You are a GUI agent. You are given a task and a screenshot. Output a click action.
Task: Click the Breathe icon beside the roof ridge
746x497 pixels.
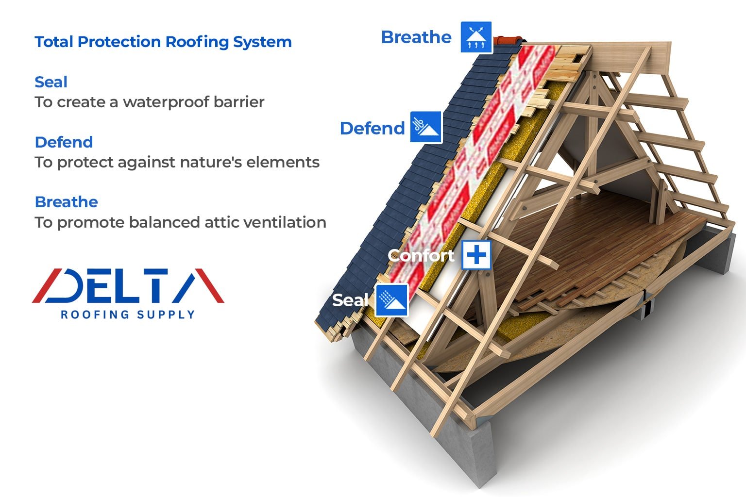[476, 37]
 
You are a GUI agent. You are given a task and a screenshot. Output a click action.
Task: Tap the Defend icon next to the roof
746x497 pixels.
[426, 127]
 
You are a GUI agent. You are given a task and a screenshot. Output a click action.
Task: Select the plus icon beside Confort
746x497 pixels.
[476, 255]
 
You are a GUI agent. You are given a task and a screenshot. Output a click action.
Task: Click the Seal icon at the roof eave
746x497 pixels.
[392, 300]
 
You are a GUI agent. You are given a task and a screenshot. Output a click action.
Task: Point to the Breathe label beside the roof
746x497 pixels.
[416, 37]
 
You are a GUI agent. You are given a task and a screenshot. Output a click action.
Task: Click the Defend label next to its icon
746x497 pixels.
[373, 128]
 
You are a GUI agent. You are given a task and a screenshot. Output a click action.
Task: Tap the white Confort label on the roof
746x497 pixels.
[421, 255]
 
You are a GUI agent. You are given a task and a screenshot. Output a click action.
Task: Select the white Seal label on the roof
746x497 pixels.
[350, 300]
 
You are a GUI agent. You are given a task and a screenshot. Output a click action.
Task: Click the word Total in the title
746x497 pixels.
[54, 42]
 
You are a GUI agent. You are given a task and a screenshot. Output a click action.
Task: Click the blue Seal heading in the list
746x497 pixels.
[51, 82]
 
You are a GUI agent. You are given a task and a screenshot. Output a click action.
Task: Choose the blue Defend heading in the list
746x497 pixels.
[64, 142]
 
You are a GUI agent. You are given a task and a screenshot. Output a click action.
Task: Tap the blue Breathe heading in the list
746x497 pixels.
[67, 202]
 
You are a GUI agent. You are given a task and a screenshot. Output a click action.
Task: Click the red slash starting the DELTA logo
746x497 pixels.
[47, 285]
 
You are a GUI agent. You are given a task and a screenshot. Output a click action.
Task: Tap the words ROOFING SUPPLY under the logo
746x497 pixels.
[128, 315]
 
